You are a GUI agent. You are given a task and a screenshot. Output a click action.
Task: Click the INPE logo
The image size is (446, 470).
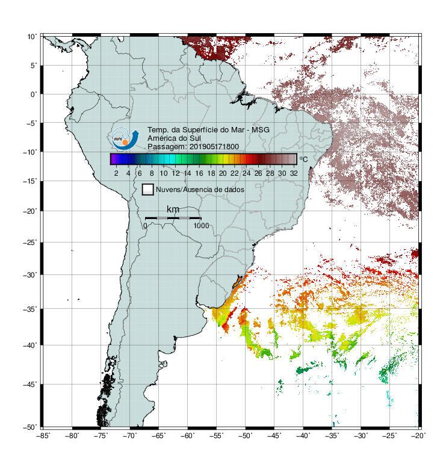(x=125, y=139)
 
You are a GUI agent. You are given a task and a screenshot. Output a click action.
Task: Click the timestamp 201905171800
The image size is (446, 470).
(x=214, y=147)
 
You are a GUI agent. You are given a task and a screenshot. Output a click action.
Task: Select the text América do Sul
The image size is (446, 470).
(x=174, y=138)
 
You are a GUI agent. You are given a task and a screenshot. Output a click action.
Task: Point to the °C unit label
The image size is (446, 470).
(x=303, y=159)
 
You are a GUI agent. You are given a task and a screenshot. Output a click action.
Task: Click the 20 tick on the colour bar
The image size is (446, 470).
(x=223, y=173)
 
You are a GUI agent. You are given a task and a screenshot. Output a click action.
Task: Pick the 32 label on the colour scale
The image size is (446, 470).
(x=294, y=173)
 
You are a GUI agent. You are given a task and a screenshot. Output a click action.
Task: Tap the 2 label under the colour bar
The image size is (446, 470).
(x=116, y=173)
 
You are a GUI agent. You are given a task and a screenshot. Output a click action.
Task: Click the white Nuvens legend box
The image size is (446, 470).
(x=148, y=190)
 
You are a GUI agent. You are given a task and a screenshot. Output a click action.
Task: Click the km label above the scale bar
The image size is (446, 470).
(x=173, y=209)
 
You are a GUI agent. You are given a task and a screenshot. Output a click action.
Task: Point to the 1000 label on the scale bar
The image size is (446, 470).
(x=201, y=226)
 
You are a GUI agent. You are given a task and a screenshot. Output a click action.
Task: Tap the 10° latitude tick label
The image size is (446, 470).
(x=33, y=37)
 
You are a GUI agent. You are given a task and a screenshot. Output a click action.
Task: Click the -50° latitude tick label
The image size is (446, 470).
(x=30, y=427)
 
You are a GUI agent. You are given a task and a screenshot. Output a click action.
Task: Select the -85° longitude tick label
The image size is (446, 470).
(x=43, y=436)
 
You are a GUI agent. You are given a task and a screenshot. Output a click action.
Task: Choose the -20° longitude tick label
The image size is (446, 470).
(x=418, y=436)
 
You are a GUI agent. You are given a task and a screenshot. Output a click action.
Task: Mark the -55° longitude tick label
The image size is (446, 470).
(x=217, y=436)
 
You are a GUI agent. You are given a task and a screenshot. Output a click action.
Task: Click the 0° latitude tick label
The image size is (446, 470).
(x=34, y=94)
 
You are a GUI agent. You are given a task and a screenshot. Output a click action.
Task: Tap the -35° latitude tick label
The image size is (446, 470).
(x=30, y=309)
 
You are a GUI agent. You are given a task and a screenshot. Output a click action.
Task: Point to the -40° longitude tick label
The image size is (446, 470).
(x=303, y=436)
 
